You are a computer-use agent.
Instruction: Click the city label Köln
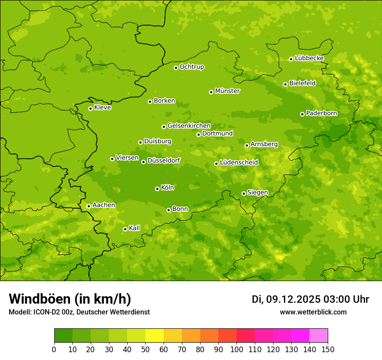168,188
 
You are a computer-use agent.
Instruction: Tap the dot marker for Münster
211,92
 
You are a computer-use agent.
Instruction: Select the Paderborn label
321,113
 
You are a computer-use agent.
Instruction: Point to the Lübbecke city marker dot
291,59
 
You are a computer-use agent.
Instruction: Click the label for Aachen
104,205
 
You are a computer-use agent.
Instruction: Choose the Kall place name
135,228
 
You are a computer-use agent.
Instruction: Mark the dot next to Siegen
244,193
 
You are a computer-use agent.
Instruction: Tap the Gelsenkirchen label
189,126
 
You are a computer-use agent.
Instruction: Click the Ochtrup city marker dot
176,68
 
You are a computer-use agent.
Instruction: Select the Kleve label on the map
102,108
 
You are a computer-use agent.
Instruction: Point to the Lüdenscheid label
239,163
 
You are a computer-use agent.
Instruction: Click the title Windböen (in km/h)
70,299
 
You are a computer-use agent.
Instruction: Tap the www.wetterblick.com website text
313,312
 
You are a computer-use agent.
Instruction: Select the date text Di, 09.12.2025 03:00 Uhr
310,299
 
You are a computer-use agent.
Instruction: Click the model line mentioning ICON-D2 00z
79,312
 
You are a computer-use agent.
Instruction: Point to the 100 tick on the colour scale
237,349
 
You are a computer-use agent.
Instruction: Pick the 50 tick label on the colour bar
145,349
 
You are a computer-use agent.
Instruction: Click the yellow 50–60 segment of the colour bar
155,336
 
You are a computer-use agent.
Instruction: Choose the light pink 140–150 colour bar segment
319,336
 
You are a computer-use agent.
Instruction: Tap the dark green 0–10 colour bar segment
63,336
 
